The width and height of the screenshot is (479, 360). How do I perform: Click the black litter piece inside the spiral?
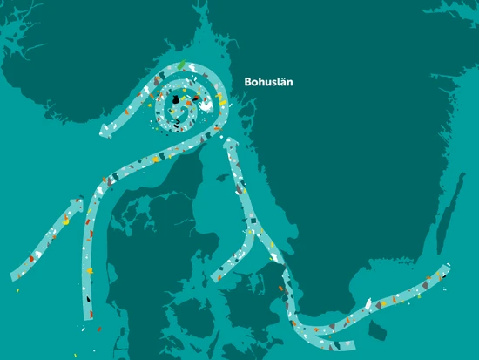click(179, 104)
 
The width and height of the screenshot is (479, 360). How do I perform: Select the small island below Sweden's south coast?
click(377, 331)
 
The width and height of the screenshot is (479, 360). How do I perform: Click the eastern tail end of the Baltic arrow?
click(446, 268)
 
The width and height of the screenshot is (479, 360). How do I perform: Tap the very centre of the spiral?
click(178, 99)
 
